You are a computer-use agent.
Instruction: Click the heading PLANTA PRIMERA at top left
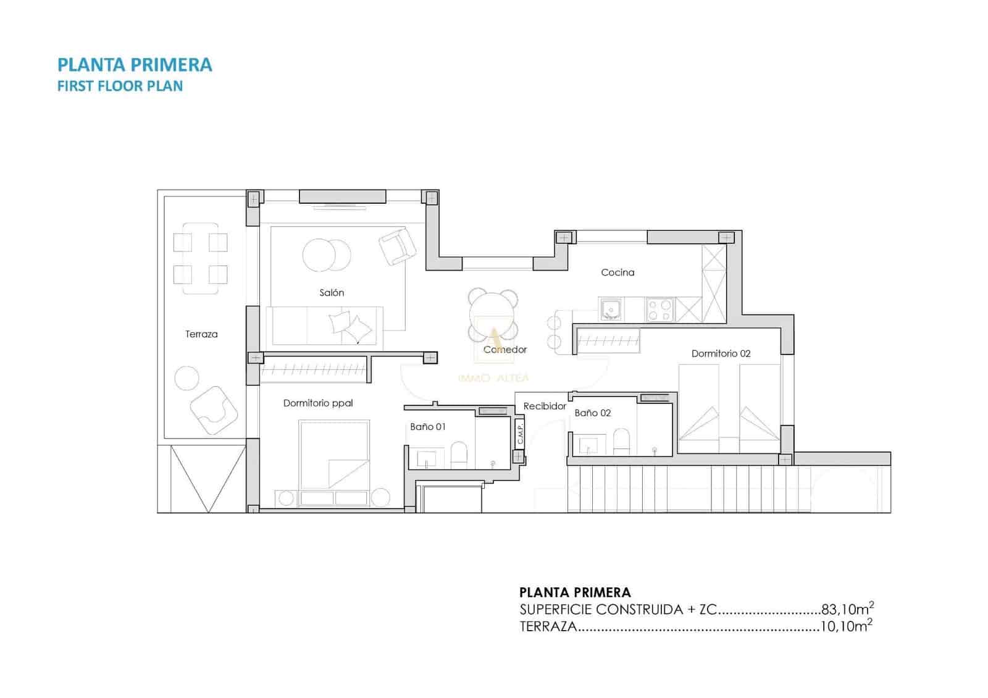(x=135, y=65)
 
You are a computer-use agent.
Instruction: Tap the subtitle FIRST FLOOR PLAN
(x=120, y=86)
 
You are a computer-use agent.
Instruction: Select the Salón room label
(x=332, y=293)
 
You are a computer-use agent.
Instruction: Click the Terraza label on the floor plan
(x=201, y=334)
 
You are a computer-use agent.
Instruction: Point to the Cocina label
(x=617, y=272)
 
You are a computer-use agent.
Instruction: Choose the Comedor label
(x=505, y=350)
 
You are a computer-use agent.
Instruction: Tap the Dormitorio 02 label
(x=721, y=353)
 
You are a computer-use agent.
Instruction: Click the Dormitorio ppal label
(x=318, y=403)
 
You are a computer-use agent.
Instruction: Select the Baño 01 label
(x=427, y=427)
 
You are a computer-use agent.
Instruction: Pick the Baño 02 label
(x=592, y=413)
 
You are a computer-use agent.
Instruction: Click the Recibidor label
(x=545, y=406)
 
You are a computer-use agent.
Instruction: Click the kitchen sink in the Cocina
(x=611, y=309)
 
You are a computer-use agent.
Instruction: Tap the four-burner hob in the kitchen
(x=659, y=309)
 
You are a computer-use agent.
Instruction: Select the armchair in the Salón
(x=396, y=246)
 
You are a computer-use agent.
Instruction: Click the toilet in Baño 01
(x=459, y=455)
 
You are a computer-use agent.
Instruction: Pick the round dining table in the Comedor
(x=492, y=314)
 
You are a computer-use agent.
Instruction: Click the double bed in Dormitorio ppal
(x=334, y=454)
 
